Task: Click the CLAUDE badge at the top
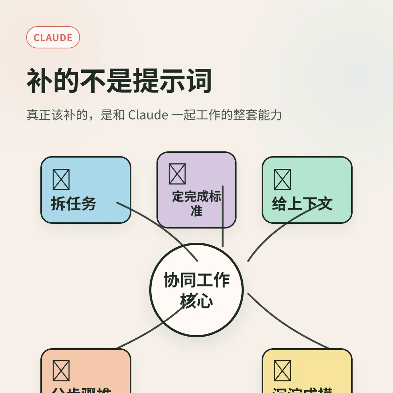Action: click(53, 37)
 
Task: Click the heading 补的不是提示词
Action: click(119, 80)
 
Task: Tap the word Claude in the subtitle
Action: click(148, 115)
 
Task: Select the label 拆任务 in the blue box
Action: click(73, 203)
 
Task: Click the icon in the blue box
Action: click(61, 179)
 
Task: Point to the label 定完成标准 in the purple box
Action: click(196, 203)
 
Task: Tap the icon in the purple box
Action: click(177, 174)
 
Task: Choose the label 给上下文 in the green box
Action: click(302, 204)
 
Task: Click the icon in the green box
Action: click(282, 179)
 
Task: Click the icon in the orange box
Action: click(61, 370)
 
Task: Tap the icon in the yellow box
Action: click(282, 370)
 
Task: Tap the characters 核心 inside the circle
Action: click(196, 301)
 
